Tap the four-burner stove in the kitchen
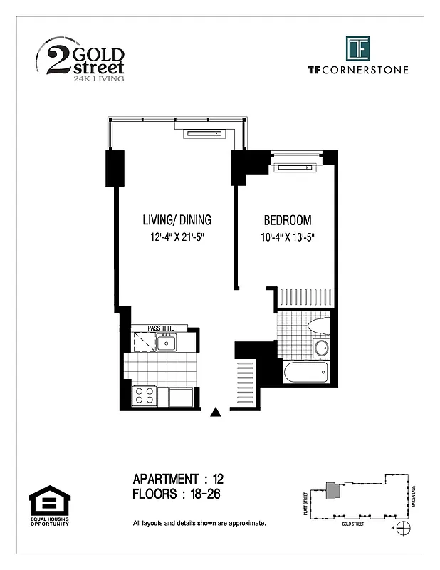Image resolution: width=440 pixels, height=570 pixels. point(145,395)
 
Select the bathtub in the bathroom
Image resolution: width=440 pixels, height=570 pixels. point(305,372)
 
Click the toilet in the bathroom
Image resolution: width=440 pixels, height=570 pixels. point(318,326)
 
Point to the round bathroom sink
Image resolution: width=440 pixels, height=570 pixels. point(321,348)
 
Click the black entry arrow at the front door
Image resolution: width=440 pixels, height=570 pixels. point(217,411)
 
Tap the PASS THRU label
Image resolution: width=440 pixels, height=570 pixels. point(161,328)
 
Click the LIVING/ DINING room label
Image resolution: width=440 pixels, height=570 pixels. point(175,220)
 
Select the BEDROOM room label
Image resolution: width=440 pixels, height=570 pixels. point(288,220)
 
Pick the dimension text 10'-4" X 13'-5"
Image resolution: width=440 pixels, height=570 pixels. point(288,237)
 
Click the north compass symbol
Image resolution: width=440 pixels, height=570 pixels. point(404,528)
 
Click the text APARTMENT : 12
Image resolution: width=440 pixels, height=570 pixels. point(179,478)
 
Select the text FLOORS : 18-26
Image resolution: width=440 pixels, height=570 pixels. point(179,493)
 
